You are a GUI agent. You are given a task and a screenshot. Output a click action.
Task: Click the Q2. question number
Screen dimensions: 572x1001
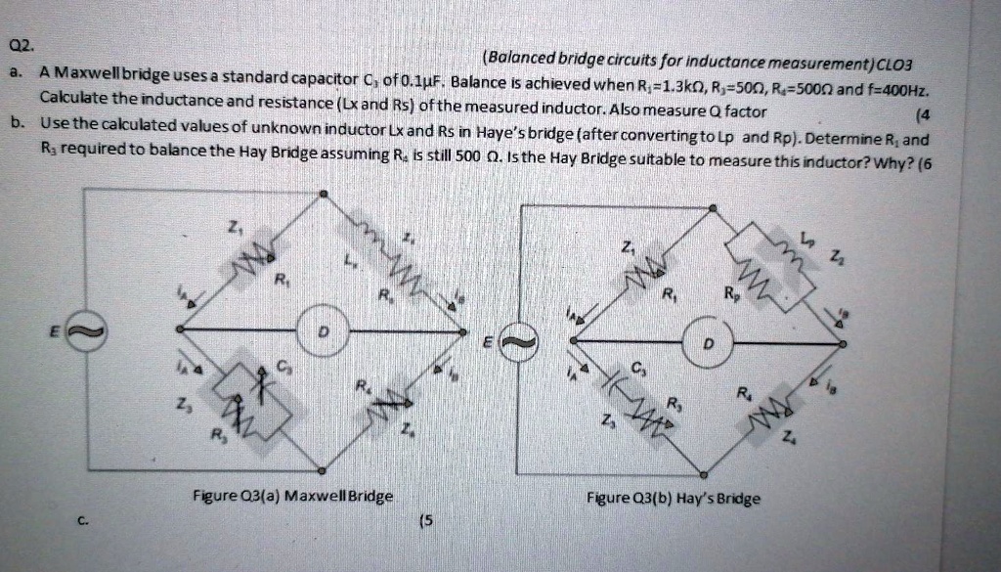pos(20,46)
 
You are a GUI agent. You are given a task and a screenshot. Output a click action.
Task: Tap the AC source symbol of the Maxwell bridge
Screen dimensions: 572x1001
pos(82,332)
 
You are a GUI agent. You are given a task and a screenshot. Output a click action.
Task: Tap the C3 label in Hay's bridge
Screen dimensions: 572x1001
pos(637,369)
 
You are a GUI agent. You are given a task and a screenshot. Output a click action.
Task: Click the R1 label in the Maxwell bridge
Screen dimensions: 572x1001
pos(281,281)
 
